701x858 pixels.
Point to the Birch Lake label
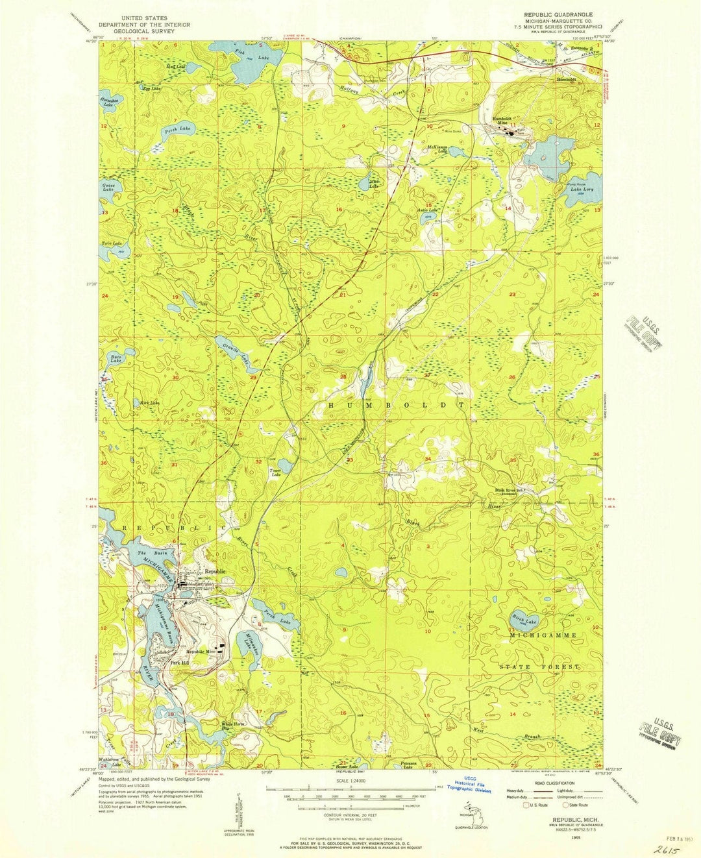pyautogui.click(x=524, y=622)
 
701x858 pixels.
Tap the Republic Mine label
pyautogui.click(x=201, y=652)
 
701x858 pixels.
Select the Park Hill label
pyautogui.click(x=179, y=663)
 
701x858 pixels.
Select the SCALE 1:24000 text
pyautogui.click(x=351, y=780)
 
